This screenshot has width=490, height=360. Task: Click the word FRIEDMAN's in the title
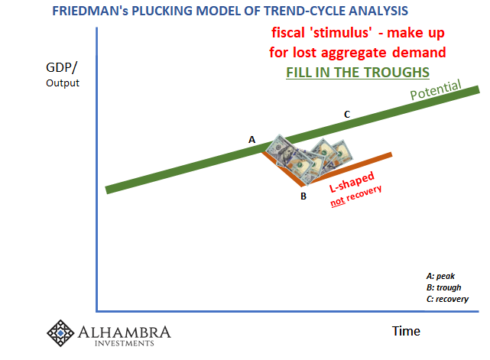click(90, 11)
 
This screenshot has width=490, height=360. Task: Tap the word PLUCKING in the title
click(162, 11)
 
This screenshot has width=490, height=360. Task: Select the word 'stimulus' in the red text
click(342, 33)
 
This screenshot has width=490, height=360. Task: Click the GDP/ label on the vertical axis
click(61, 67)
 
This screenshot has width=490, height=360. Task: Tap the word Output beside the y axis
click(63, 83)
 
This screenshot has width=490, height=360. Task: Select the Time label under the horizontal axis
click(406, 331)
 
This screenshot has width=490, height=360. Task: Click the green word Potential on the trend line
click(436, 90)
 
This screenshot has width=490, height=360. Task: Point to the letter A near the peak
click(251, 140)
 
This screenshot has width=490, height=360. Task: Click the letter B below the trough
click(303, 196)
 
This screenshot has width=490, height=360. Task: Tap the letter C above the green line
click(347, 115)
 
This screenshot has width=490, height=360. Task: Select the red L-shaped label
click(352, 182)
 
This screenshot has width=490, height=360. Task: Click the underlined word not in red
click(338, 202)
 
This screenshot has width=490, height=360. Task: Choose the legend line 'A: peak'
click(440, 276)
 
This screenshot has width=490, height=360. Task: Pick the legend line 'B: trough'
click(443, 287)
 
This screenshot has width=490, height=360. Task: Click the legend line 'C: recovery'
click(447, 299)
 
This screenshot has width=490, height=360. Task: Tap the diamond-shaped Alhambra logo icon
click(60, 333)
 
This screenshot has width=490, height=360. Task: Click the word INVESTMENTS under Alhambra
click(125, 343)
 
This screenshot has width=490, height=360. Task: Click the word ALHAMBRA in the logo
click(125, 332)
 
